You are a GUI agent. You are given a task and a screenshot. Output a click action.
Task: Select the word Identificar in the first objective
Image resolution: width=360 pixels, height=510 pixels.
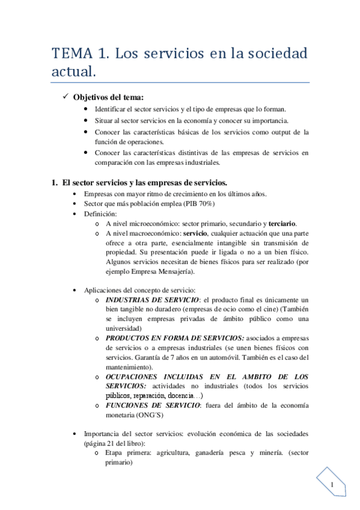112,109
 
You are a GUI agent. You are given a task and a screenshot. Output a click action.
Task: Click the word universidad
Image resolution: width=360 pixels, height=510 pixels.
123,328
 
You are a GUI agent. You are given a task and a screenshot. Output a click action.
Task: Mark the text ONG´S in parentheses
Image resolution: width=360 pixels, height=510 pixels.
148,415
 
